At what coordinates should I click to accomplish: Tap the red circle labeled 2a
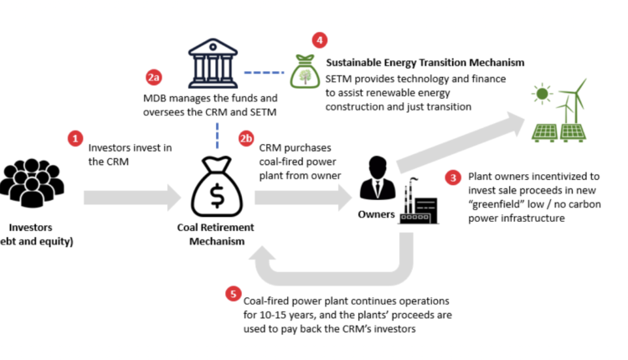pos(152,79)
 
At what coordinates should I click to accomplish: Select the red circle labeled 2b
pos(245,137)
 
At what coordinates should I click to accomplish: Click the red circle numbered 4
pos(318,39)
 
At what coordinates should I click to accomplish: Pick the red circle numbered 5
pos(233,294)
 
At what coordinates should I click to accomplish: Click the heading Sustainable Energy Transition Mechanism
pos(425,63)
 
